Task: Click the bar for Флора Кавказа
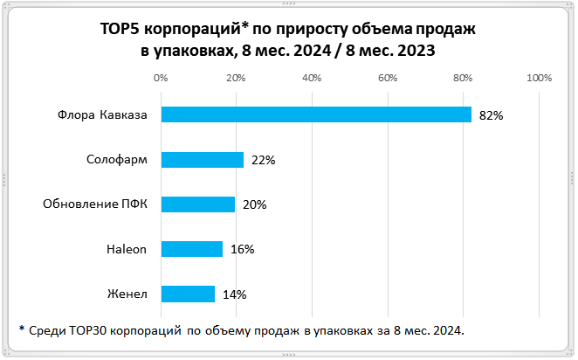click(x=316, y=114)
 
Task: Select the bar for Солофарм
click(x=202, y=160)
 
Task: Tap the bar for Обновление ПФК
click(x=198, y=204)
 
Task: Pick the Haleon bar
click(x=191, y=249)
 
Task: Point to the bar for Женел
click(x=188, y=294)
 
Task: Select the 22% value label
click(x=263, y=160)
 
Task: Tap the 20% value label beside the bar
click(x=254, y=204)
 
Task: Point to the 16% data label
click(x=242, y=249)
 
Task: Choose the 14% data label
click(x=234, y=294)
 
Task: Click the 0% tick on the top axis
click(x=161, y=79)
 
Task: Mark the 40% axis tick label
click(x=312, y=79)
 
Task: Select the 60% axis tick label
click(x=388, y=79)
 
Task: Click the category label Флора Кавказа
click(x=103, y=114)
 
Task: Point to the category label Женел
click(x=128, y=294)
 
